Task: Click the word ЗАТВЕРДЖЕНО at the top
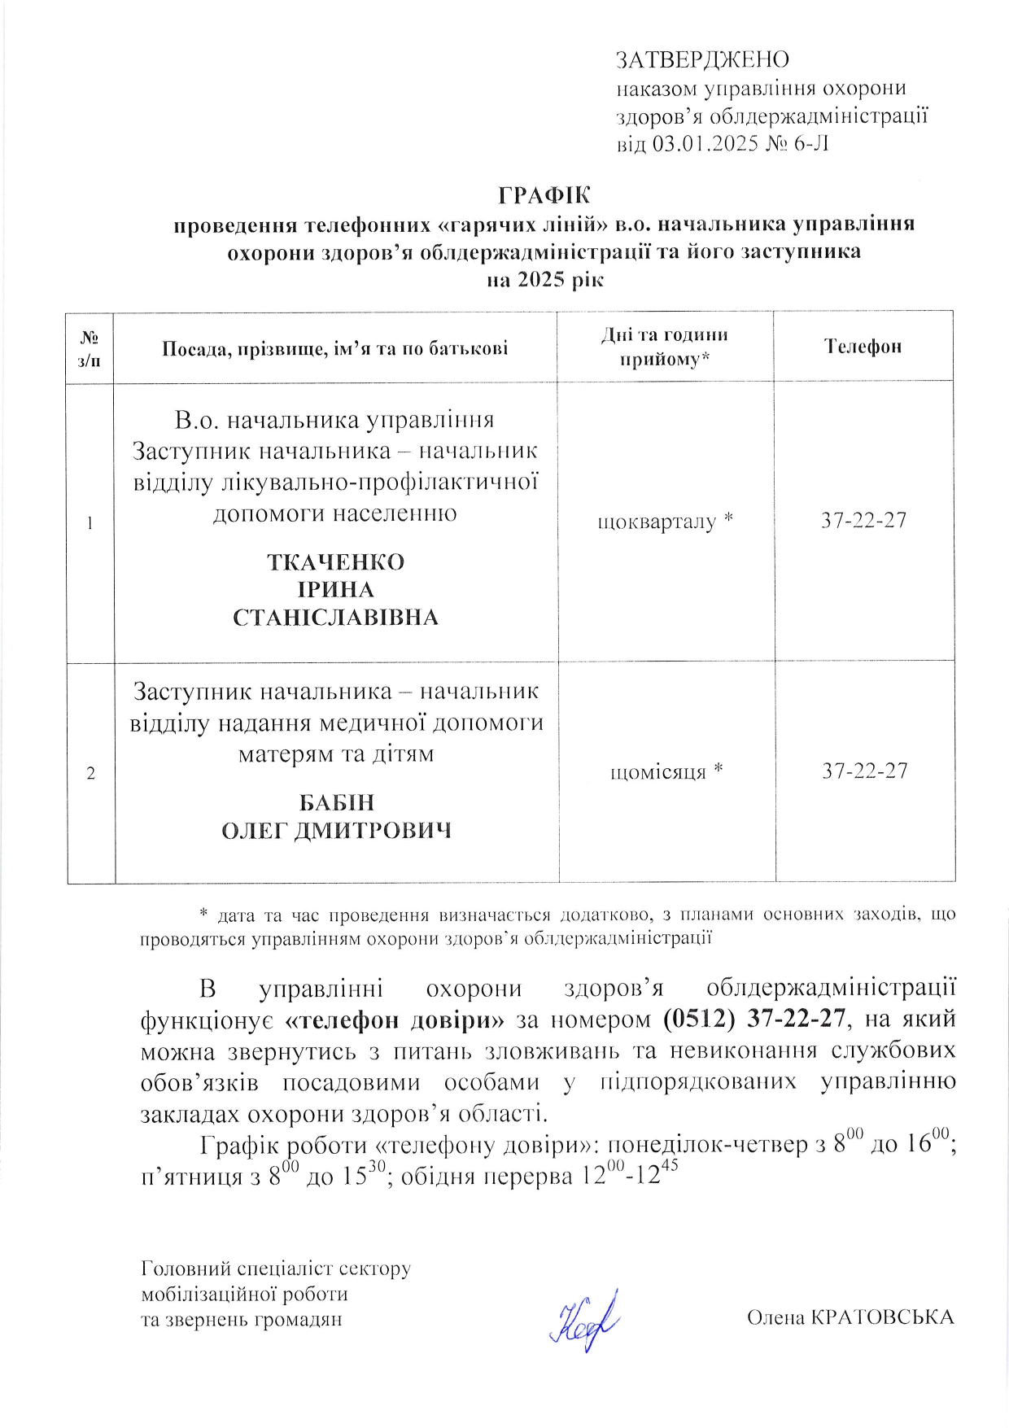[702, 59]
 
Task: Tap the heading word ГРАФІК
[544, 196]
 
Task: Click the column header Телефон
[863, 347]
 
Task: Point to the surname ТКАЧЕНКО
[335, 562]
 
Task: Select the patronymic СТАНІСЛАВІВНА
[335, 618]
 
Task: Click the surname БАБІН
[337, 802]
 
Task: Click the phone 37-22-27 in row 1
[863, 521]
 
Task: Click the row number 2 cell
[90, 773]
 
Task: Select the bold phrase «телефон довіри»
[396, 1020]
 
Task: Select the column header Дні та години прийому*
[664, 347]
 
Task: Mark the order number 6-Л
[810, 144]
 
